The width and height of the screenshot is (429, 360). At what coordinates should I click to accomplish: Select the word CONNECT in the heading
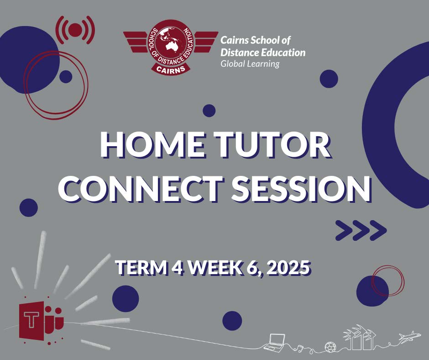[x=140, y=189]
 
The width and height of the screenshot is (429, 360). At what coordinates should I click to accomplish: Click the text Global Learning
[x=250, y=64]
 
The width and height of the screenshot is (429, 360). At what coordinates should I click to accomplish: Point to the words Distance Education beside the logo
[x=263, y=53]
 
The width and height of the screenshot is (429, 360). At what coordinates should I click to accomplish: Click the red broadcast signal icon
[x=75, y=30]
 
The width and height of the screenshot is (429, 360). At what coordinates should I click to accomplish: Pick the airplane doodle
[x=409, y=338]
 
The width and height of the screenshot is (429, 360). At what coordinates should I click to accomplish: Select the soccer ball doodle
[x=330, y=347]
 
